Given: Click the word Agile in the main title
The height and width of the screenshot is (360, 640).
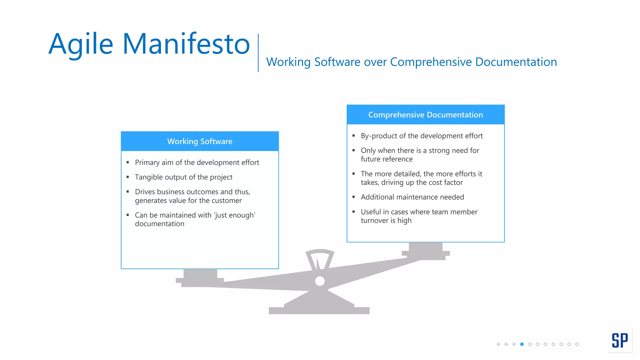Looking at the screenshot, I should pyautogui.click(x=81, y=44).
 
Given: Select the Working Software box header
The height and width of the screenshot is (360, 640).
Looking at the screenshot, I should pyautogui.click(x=200, y=141).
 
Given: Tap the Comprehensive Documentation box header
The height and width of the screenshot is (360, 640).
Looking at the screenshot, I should pyautogui.click(x=425, y=115).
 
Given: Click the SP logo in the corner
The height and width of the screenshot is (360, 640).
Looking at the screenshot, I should pyautogui.click(x=619, y=340).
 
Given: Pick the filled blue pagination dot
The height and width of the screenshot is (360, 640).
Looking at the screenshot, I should pyautogui.click(x=522, y=344).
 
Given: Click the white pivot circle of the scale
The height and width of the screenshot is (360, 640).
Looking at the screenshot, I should pyautogui.click(x=320, y=281).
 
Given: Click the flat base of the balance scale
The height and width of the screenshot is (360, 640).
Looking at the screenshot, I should pyautogui.click(x=319, y=310).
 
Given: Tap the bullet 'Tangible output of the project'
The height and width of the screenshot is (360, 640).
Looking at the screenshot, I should pyautogui.click(x=183, y=177).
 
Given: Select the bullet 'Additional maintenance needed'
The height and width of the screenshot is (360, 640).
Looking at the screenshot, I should pyautogui.click(x=412, y=197).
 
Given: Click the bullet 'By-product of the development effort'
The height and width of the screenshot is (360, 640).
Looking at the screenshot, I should pyautogui.click(x=422, y=136).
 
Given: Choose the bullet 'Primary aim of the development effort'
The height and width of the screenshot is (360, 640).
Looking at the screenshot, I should pyautogui.click(x=197, y=162).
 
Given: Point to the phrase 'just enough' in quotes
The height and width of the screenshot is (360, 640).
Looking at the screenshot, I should pyautogui.click(x=234, y=215).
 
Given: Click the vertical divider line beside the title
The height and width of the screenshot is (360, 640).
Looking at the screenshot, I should pyautogui.click(x=258, y=52).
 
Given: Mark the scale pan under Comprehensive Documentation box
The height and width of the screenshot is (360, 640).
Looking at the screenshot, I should pyautogui.click(x=426, y=250).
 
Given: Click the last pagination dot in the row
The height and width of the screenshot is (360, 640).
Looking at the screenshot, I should pyautogui.click(x=577, y=344).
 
